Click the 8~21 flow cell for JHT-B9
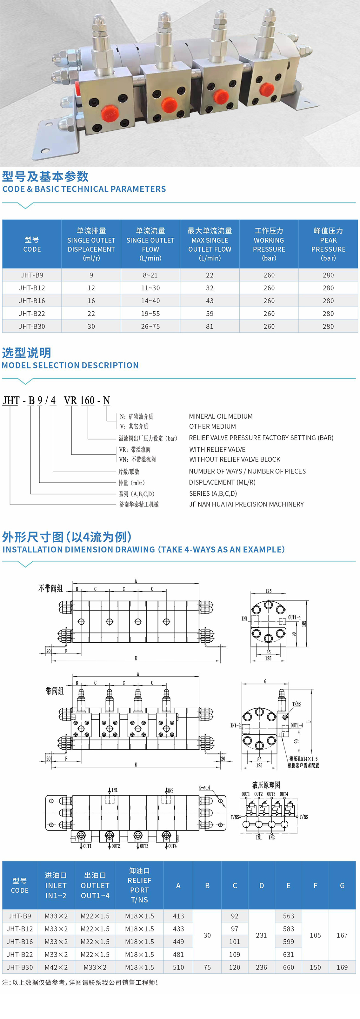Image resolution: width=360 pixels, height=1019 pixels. click(x=150, y=275)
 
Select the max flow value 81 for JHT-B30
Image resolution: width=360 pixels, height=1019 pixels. click(x=210, y=326)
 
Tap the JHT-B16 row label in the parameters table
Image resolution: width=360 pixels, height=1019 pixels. click(x=32, y=301)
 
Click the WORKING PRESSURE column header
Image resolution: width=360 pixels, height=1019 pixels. click(x=269, y=244)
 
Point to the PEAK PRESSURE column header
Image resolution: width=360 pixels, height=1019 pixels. click(x=328, y=244)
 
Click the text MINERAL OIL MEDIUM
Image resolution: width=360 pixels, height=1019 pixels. click(x=221, y=416)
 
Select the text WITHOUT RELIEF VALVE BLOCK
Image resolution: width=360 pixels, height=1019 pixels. click(x=235, y=459)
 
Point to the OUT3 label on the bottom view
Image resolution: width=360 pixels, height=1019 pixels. click(x=144, y=846)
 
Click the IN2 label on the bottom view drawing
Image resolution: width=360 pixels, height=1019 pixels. click(x=170, y=791)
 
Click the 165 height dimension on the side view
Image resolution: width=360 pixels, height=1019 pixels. click(x=304, y=623)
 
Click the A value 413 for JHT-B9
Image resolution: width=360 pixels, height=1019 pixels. click(x=178, y=916)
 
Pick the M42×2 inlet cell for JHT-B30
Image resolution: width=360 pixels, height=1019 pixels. click(x=56, y=967)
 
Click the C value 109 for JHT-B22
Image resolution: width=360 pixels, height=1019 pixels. click(x=235, y=954)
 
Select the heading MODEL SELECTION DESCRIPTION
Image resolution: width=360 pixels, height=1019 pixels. click(x=70, y=366)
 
